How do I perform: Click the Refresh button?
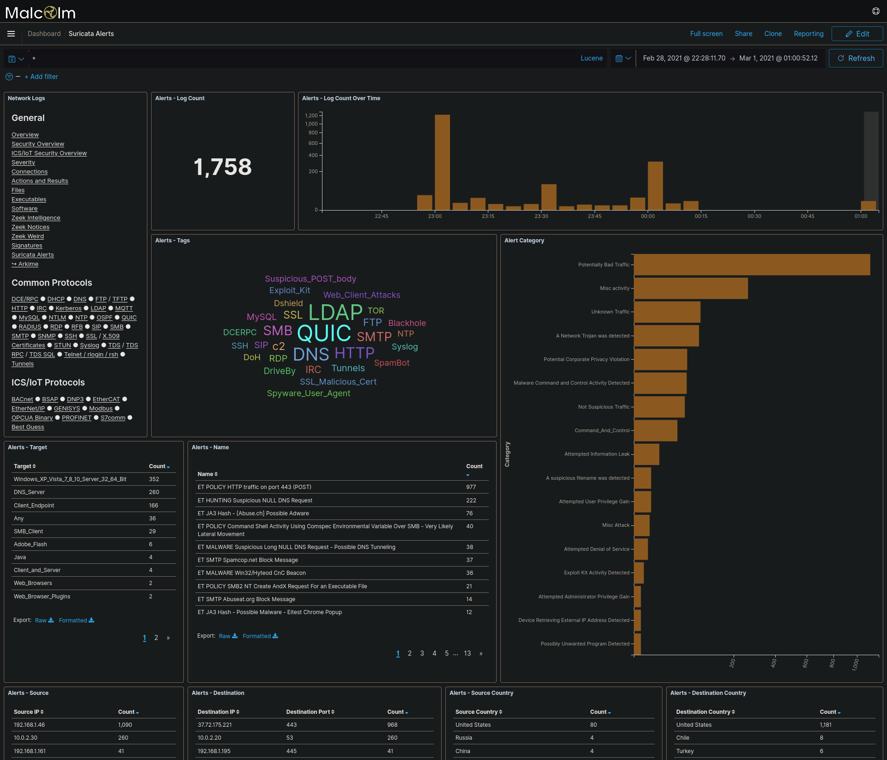pyautogui.click(x=856, y=58)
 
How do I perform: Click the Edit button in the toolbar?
pyautogui.click(x=857, y=34)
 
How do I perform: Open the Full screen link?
pyautogui.click(x=706, y=34)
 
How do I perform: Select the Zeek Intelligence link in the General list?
pyautogui.click(x=36, y=218)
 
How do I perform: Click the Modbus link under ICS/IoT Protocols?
pyautogui.click(x=101, y=409)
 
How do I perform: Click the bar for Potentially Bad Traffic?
pyautogui.click(x=752, y=265)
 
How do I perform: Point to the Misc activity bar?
pyautogui.click(x=691, y=288)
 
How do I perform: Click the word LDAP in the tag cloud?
pyautogui.click(x=335, y=313)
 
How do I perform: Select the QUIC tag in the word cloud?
pyautogui.click(x=324, y=333)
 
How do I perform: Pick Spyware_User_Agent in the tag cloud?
pyautogui.click(x=308, y=393)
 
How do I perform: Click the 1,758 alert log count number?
pyautogui.click(x=223, y=167)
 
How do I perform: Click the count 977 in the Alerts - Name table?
pyautogui.click(x=471, y=487)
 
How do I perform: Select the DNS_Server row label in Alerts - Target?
pyautogui.click(x=29, y=492)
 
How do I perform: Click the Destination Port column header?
pyautogui.click(x=310, y=712)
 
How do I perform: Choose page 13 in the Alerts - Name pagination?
pyautogui.click(x=467, y=653)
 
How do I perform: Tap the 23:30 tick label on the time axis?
pyautogui.click(x=541, y=216)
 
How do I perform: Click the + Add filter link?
pyautogui.click(x=41, y=77)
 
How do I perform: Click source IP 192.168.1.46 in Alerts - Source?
pyautogui.click(x=29, y=725)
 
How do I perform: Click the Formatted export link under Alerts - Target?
pyautogui.click(x=76, y=620)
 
